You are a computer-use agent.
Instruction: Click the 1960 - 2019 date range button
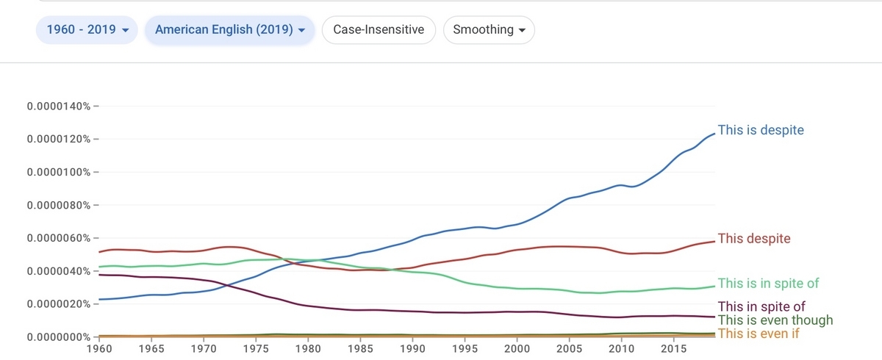(87, 30)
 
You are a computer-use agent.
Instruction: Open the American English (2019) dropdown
(230, 30)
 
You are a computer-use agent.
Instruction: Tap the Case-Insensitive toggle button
(379, 30)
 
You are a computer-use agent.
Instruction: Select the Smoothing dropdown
(489, 30)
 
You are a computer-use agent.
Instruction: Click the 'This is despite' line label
(761, 130)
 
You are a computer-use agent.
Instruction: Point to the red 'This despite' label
(754, 239)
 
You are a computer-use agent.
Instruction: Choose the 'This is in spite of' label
(768, 284)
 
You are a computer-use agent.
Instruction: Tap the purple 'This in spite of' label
(761, 306)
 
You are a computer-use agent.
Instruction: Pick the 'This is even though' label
(775, 320)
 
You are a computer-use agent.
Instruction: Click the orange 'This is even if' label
(759, 334)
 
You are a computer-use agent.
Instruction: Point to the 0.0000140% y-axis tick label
(59, 107)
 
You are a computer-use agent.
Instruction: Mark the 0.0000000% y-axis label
(59, 337)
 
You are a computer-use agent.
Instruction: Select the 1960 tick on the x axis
(99, 349)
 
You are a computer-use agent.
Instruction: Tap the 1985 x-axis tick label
(360, 349)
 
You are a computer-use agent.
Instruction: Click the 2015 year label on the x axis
(674, 349)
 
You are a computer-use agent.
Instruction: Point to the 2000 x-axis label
(517, 349)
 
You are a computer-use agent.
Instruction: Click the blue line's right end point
(714, 134)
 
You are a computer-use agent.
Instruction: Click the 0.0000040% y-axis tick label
(59, 272)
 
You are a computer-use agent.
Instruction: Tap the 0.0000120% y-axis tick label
(59, 140)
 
